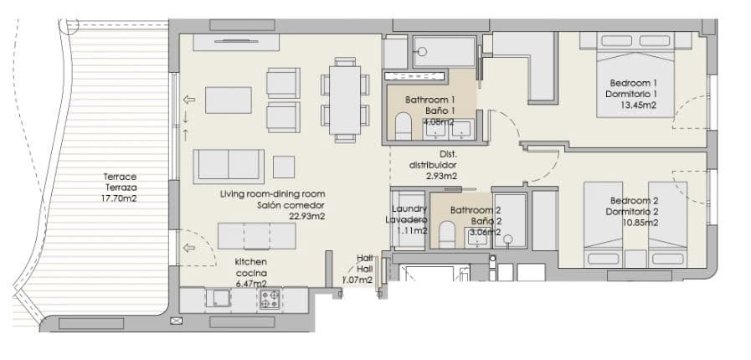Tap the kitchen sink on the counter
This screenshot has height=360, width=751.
pyautogui.click(x=219, y=299)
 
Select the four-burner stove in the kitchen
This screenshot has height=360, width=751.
pyautogui.click(x=270, y=300)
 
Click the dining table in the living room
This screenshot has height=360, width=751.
pyautogui.click(x=345, y=100)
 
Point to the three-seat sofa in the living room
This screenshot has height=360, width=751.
pyautogui.click(x=229, y=166)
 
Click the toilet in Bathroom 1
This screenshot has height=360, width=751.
pyautogui.click(x=404, y=126)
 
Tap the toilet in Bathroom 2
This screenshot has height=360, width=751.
pyautogui.click(x=447, y=234)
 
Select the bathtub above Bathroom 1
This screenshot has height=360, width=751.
pyautogui.click(x=444, y=51)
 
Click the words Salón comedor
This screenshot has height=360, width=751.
pyautogui.click(x=291, y=205)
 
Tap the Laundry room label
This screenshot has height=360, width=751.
pyautogui.click(x=409, y=208)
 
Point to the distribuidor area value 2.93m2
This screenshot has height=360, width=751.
pyautogui.click(x=441, y=176)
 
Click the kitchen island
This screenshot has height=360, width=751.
pyautogui.click(x=257, y=236)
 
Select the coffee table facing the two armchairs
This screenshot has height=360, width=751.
pyautogui.click(x=229, y=100)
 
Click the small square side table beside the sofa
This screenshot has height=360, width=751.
pyautogui.click(x=284, y=167)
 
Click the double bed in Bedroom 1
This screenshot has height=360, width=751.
pyautogui.click(x=635, y=75)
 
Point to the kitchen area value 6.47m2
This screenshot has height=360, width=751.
pyautogui.click(x=250, y=284)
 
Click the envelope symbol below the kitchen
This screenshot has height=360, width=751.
pyautogui.click(x=177, y=321)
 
